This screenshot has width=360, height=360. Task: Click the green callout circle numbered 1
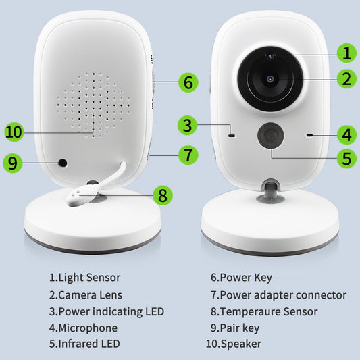click(346, 53)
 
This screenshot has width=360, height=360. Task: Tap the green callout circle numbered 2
click(346, 79)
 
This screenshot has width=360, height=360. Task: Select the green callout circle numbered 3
click(189, 126)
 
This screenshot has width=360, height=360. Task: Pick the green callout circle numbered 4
click(346, 134)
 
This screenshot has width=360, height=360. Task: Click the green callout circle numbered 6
click(189, 83)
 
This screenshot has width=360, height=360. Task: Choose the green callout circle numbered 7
click(188, 154)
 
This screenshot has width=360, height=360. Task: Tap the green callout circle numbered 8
click(162, 196)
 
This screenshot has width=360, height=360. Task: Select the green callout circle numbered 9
click(14, 163)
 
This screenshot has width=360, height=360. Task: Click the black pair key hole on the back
click(63, 163)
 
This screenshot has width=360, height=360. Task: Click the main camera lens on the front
click(270, 79)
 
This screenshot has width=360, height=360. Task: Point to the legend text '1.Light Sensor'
click(84, 277)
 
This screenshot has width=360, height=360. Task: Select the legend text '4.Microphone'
click(83, 328)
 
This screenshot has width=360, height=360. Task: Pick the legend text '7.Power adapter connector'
click(278, 294)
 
